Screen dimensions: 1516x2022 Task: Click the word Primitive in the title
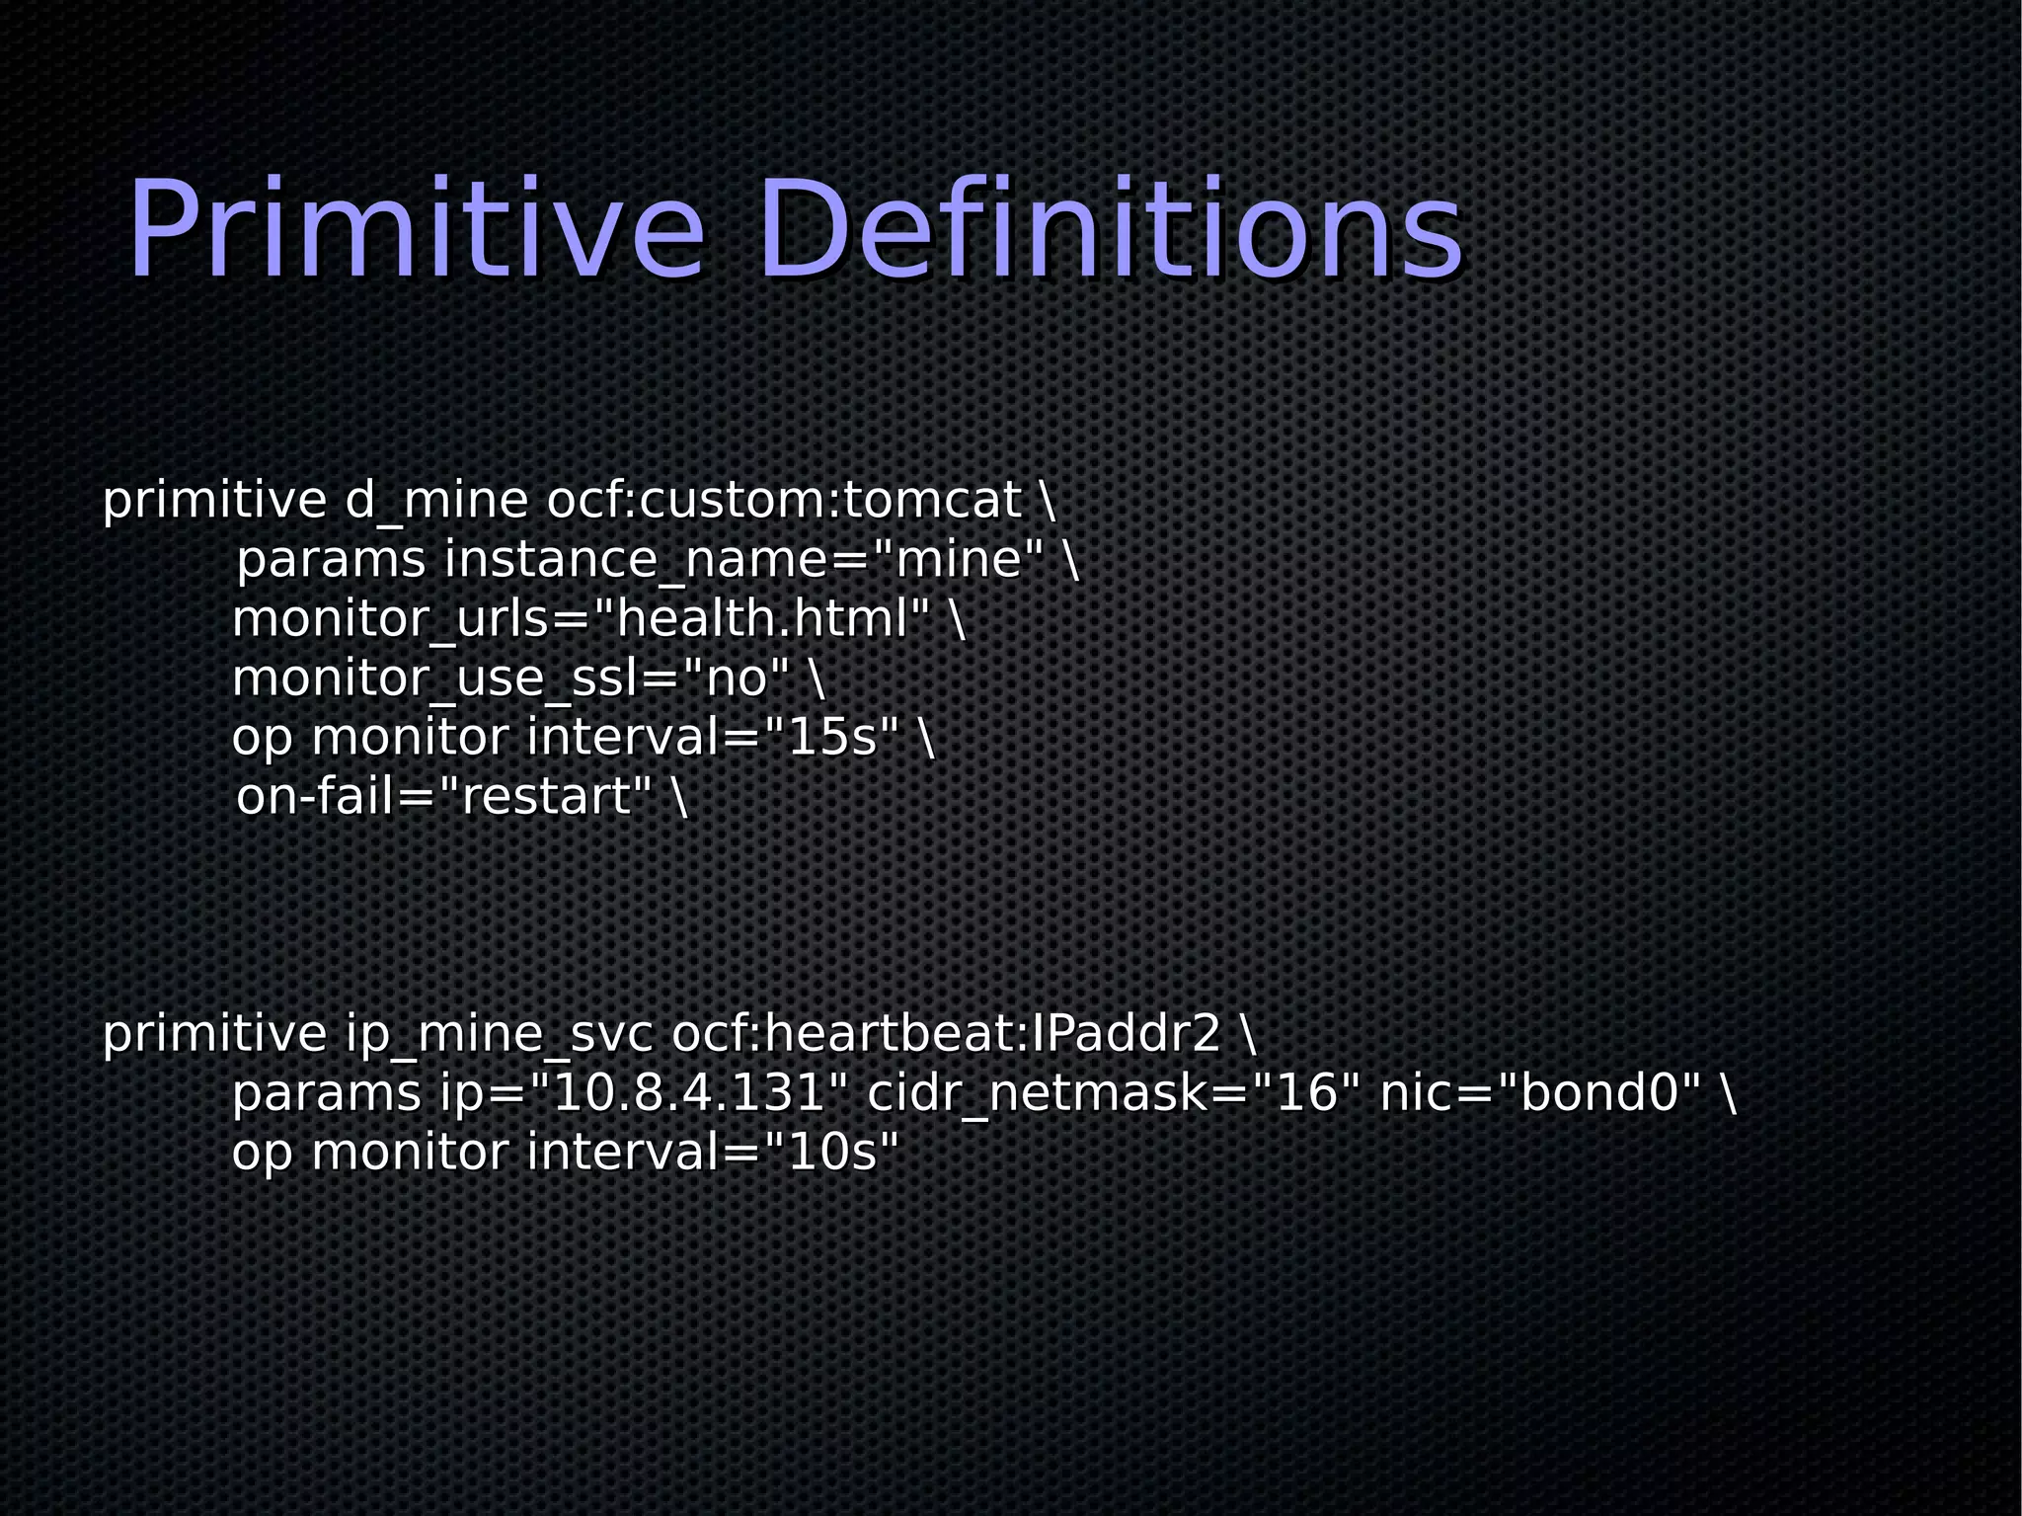(415, 229)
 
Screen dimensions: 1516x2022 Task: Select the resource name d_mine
(436, 501)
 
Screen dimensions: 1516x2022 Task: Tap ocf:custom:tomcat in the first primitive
(783, 501)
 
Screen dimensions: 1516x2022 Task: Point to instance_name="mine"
(743, 560)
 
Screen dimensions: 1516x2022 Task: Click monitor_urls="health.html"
(581, 619)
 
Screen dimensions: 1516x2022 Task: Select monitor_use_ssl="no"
(510, 678)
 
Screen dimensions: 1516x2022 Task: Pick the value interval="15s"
(713, 738)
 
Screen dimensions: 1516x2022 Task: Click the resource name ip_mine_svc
(499, 1034)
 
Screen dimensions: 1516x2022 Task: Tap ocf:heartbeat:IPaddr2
(946, 1034)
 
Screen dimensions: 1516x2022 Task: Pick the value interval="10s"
(713, 1153)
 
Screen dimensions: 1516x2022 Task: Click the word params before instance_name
(331, 560)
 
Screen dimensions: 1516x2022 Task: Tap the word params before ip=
(326, 1093)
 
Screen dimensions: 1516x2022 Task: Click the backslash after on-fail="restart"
(679, 797)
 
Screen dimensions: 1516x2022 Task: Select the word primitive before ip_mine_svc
(214, 1034)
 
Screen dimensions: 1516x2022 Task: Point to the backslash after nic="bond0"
(1727, 1093)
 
